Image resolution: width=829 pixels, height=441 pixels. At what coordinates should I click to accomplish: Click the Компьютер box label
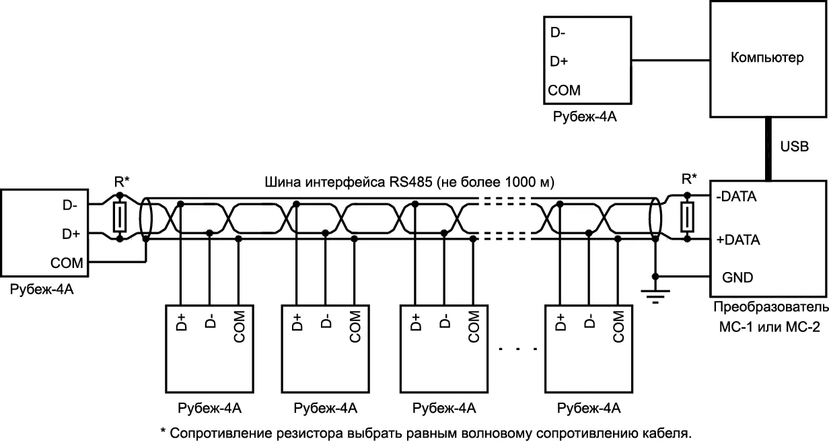click(767, 58)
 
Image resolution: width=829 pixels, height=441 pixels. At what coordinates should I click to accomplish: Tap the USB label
click(795, 147)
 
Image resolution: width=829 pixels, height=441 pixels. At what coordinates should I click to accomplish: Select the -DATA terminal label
click(737, 198)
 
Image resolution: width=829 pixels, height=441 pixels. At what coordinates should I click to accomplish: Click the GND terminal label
click(737, 277)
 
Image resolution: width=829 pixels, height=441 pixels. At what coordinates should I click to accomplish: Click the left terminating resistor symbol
click(120, 217)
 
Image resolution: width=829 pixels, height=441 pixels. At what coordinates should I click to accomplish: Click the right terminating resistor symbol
click(687, 217)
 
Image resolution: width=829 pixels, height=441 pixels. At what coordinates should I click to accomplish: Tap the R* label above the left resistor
click(120, 180)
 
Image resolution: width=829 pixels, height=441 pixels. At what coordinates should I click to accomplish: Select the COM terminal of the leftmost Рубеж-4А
click(67, 263)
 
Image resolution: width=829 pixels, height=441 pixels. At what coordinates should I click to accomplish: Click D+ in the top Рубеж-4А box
click(559, 61)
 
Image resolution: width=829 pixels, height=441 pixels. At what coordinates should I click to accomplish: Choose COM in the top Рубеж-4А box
click(565, 90)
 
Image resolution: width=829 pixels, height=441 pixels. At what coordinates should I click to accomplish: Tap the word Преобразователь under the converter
click(770, 308)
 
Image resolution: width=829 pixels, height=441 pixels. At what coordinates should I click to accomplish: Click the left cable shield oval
click(145, 217)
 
